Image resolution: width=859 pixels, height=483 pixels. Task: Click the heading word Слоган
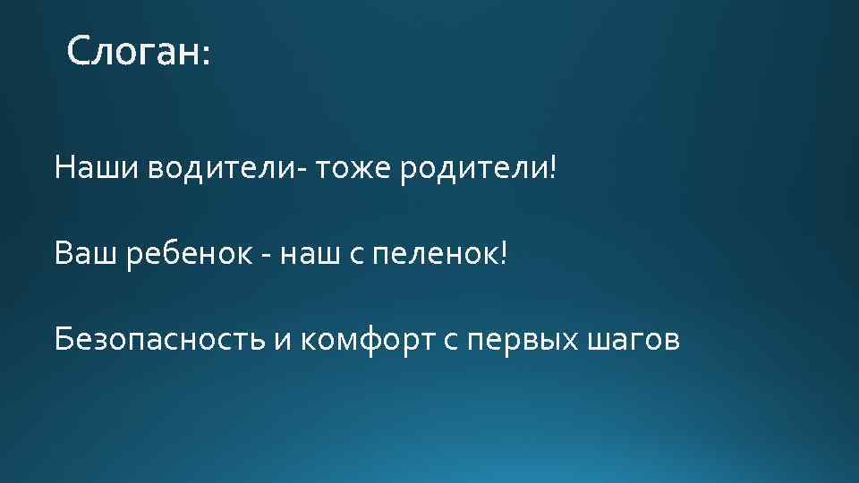[x=133, y=52]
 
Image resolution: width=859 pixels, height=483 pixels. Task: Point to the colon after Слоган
[x=208, y=56]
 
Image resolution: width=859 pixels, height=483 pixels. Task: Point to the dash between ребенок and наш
[x=267, y=258]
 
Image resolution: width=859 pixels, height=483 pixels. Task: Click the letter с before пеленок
[x=356, y=256]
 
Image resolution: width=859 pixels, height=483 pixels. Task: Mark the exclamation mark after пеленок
[x=503, y=254]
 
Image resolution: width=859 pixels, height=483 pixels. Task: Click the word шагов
[x=634, y=343]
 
